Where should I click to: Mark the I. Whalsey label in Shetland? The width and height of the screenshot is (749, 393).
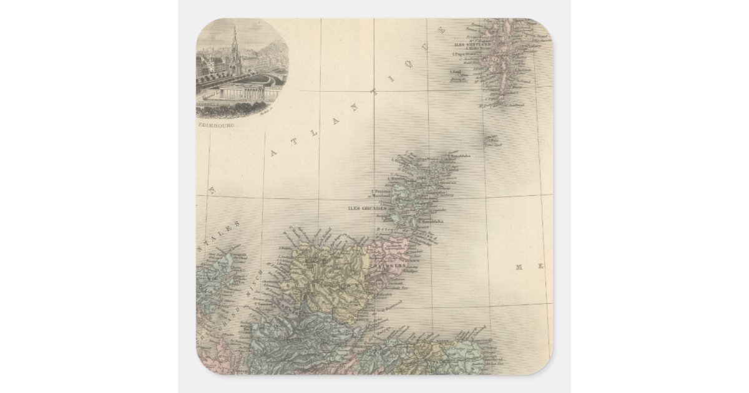(532, 46)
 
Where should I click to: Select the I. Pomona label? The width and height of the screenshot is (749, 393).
(380, 191)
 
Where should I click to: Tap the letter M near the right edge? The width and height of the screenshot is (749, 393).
(519, 267)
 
